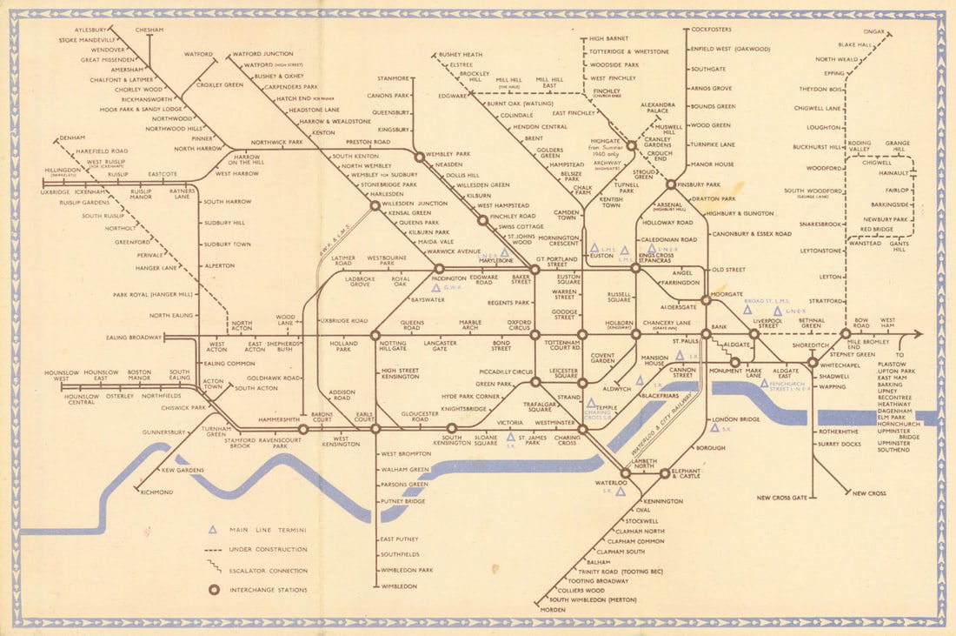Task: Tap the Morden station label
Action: pyautogui.click(x=553, y=609)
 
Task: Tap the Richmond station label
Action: pyautogui.click(x=156, y=492)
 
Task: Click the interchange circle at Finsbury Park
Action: pyautogui.click(x=670, y=184)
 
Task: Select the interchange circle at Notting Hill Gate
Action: pyautogui.click(x=375, y=334)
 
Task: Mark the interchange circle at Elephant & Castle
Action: pyautogui.click(x=664, y=474)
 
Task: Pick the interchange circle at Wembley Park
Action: pyautogui.click(x=419, y=157)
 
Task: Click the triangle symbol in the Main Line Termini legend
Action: pyautogui.click(x=212, y=529)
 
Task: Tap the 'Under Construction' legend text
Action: pyautogui.click(x=268, y=550)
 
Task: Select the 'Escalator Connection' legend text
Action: pyautogui.click(x=268, y=571)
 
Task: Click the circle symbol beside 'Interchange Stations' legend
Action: pyautogui.click(x=212, y=590)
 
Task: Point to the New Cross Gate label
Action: pyautogui.click(x=782, y=498)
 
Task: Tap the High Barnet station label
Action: pyautogui.click(x=608, y=39)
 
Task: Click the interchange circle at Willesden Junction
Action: pyautogui.click(x=375, y=205)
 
